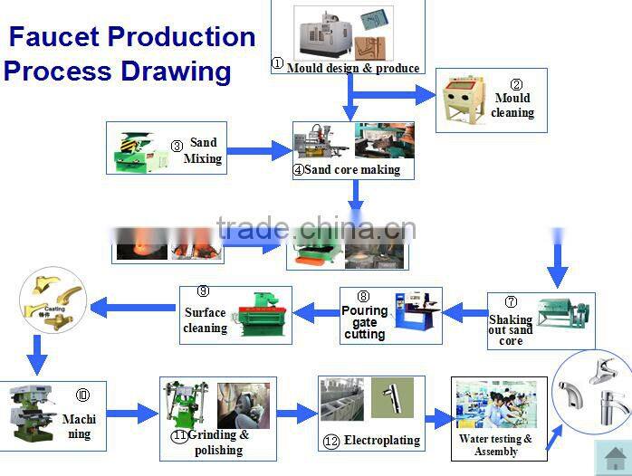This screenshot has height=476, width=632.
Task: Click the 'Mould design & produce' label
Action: coord(353,68)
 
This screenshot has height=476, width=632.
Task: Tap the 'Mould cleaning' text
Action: coord(512,106)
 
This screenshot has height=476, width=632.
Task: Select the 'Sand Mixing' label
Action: coord(203,150)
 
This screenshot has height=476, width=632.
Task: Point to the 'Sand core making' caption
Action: coord(352,169)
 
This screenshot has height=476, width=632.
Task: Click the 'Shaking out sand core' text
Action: coord(511,330)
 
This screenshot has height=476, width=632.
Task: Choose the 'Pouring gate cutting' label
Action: coord(365,322)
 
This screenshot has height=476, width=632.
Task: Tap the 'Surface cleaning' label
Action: coord(206,320)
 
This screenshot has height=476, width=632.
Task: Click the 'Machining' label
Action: coord(80,426)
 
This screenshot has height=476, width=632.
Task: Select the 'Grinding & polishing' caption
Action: coord(218,443)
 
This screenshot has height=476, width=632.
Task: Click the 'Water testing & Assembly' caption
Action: coord(496,445)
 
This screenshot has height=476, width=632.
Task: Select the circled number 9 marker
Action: coord(204,290)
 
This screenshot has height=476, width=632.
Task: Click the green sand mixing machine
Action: coord(139,150)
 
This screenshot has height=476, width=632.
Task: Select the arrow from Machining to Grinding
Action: coord(133,414)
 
